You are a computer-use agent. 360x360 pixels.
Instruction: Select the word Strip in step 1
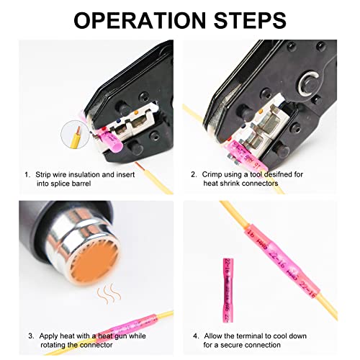[x=46, y=174]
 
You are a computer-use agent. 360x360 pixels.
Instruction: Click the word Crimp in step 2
[x=215, y=174]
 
